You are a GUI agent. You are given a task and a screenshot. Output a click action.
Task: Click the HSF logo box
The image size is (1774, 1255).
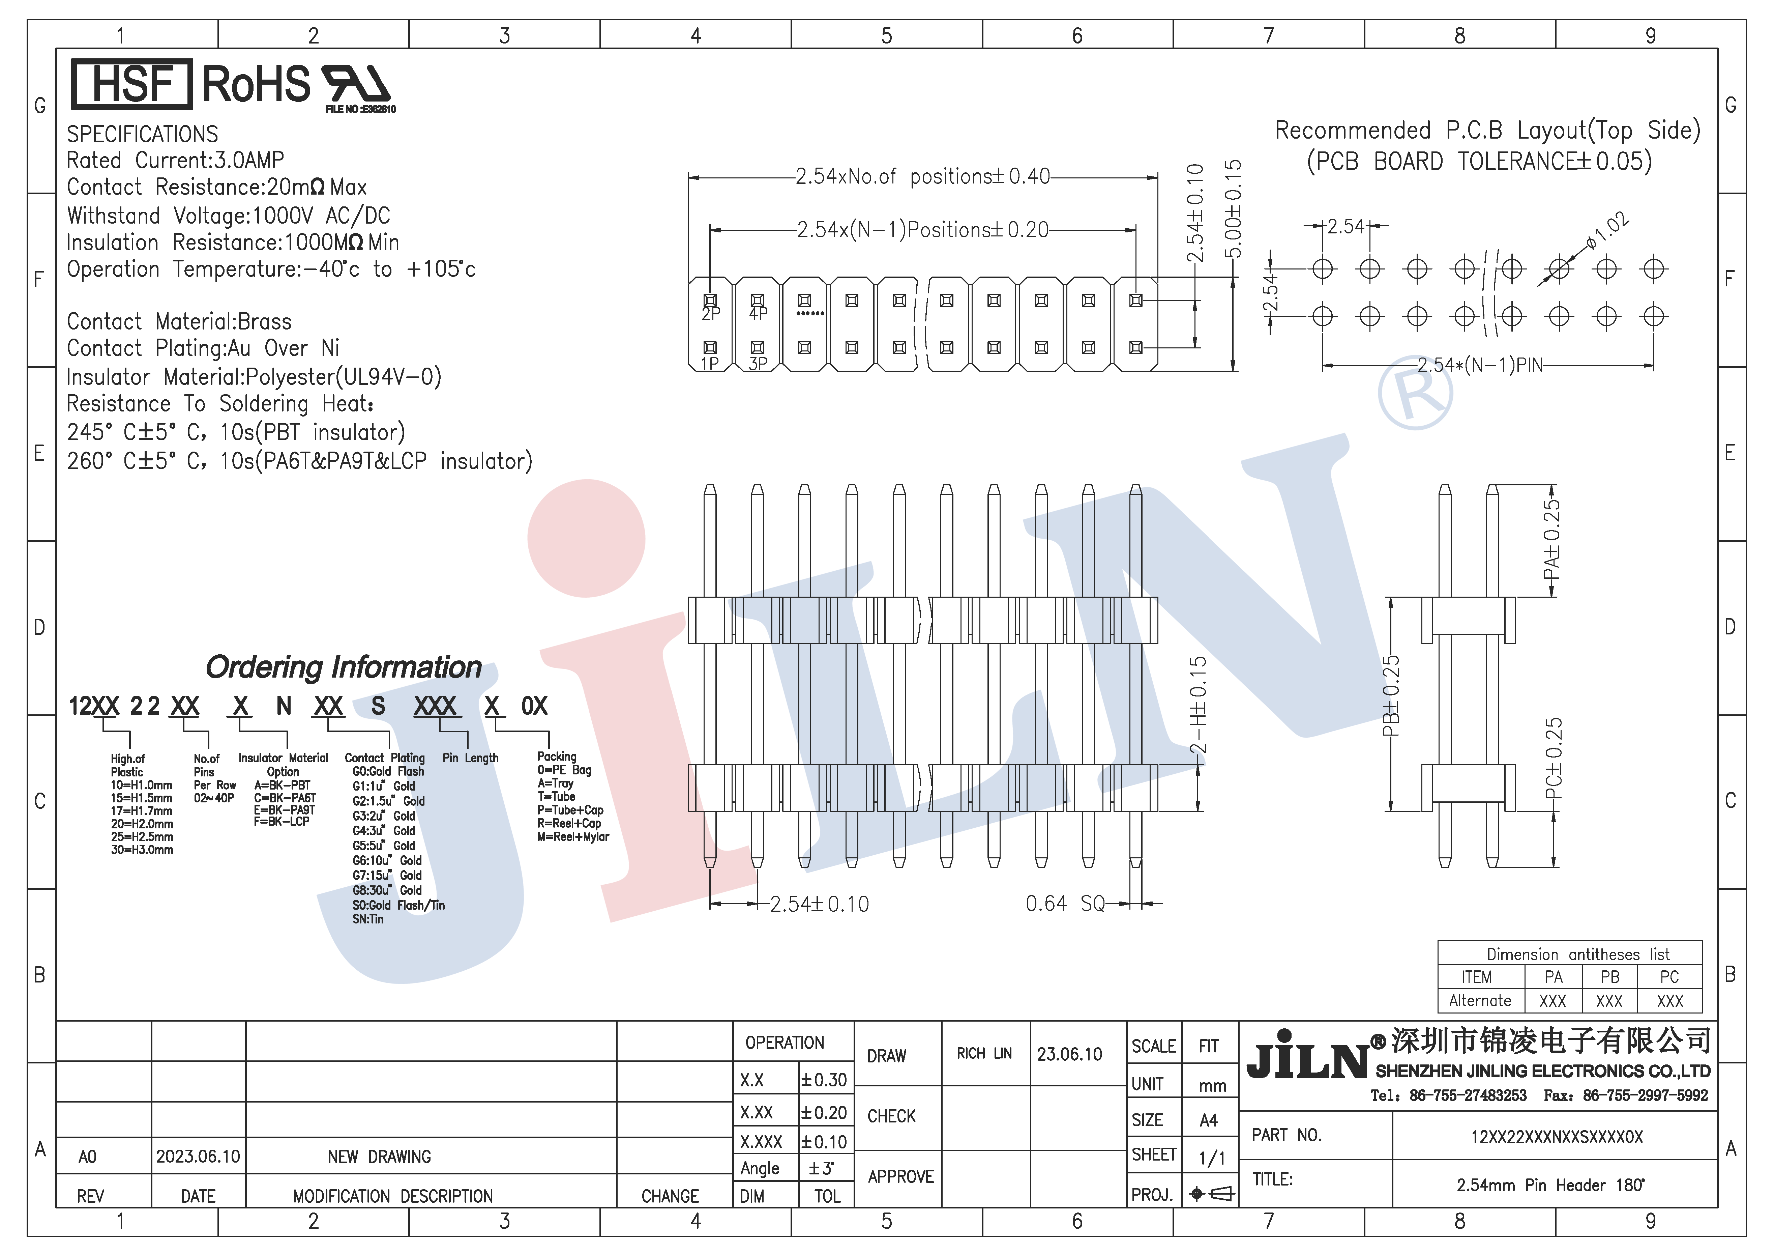tap(131, 83)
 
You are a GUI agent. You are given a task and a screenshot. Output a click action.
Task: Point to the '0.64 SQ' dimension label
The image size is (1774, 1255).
tap(1065, 903)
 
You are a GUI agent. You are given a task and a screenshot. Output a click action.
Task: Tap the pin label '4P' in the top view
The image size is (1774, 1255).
tap(758, 314)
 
